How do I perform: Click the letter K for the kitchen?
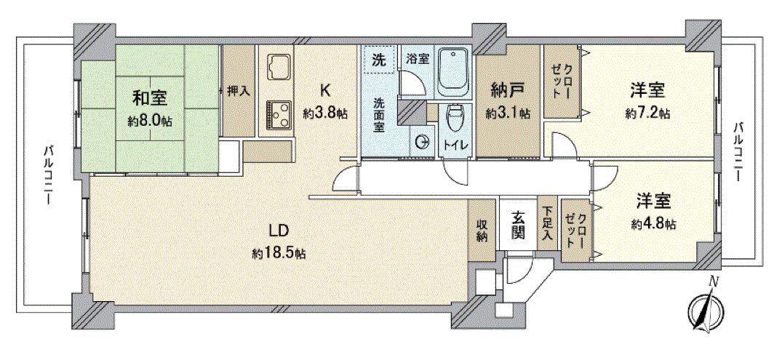pyautogui.click(x=326, y=90)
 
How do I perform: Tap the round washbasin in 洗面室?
pyautogui.click(x=422, y=143)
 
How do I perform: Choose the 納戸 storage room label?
pyautogui.click(x=508, y=92)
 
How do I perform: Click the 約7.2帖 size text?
pyautogui.click(x=647, y=113)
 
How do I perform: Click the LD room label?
pyautogui.click(x=279, y=231)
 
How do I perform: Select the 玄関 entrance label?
pyautogui.click(x=518, y=225)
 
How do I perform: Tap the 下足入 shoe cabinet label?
pyautogui.click(x=547, y=223)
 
